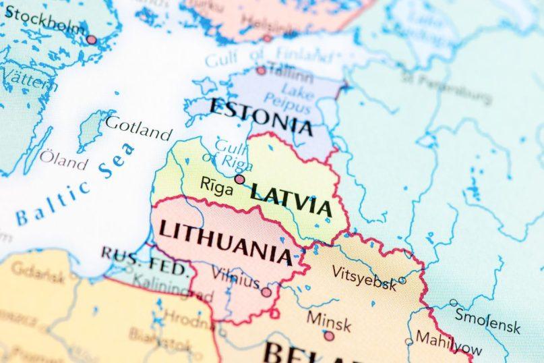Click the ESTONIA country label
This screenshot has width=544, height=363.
pyautogui.click(x=261, y=115)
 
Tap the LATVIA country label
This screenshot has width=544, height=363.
pyautogui.click(x=291, y=198)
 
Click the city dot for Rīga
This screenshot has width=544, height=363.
pyautogui.click(x=239, y=179)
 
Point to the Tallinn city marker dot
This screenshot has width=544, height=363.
pyautogui.click(x=261, y=70)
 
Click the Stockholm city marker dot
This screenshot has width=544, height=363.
pyautogui.click(x=92, y=40)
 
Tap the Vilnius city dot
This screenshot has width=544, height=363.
pyautogui.click(x=266, y=292)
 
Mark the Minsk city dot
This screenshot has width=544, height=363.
pyautogui.click(x=328, y=335)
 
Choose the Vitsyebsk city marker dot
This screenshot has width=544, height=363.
pyautogui.click(x=402, y=280)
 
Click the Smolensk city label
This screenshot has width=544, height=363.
pyautogui.click(x=487, y=321)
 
